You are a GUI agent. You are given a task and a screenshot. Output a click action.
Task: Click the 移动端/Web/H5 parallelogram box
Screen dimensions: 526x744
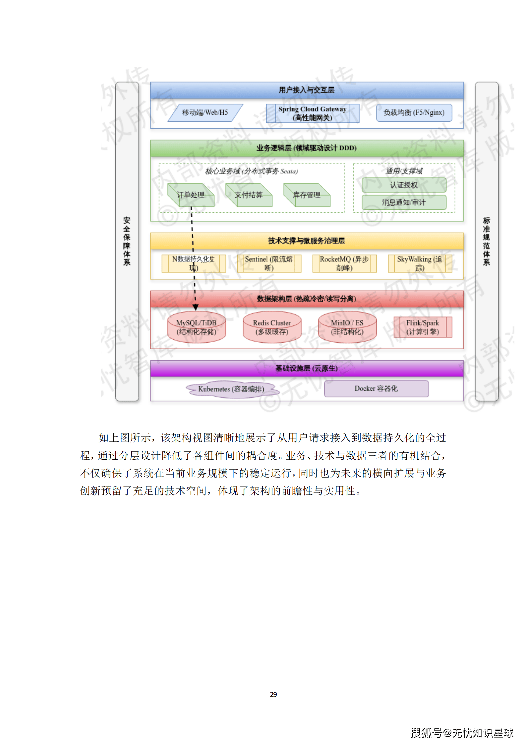click(205, 113)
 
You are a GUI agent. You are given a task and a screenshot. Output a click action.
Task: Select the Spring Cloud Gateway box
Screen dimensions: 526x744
click(312, 113)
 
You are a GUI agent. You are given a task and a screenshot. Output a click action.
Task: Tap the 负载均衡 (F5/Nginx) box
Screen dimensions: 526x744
click(414, 113)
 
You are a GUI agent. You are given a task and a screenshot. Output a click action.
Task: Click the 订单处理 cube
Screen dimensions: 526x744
click(191, 195)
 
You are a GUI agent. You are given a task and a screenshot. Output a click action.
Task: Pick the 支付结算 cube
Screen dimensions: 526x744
click(249, 195)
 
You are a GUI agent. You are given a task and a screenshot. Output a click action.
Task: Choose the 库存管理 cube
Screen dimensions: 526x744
click(307, 195)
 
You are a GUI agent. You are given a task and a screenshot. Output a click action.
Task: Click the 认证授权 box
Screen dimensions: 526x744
click(404, 185)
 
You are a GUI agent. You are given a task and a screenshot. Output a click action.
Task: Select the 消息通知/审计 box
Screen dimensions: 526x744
click(404, 202)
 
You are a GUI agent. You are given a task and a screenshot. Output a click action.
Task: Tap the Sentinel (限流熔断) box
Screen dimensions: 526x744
click(269, 263)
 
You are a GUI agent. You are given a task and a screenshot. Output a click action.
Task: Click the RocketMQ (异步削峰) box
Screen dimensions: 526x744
click(344, 263)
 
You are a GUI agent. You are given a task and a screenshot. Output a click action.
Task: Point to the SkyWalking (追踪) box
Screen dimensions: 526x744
click(420, 263)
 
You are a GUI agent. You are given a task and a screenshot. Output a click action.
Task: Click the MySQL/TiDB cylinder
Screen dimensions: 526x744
click(197, 327)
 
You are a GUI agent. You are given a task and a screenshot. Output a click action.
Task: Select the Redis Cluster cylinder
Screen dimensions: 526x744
click(272, 327)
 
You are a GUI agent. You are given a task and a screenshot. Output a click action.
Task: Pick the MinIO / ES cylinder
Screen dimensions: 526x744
click(347, 327)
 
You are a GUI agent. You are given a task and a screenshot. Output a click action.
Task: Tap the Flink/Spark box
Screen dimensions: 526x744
click(423, 327)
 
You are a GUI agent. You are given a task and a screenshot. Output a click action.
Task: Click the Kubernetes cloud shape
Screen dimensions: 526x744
click(231, 389)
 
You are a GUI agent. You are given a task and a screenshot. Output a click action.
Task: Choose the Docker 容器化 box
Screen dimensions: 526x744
click(376, 388)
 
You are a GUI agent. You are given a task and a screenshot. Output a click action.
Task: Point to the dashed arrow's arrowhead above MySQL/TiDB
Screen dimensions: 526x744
click(196, 308)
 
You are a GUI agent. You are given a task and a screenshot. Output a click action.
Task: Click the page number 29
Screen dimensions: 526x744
click(273, 694)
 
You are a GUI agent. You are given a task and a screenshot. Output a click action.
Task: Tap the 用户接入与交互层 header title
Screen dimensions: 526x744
click(307, 90)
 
